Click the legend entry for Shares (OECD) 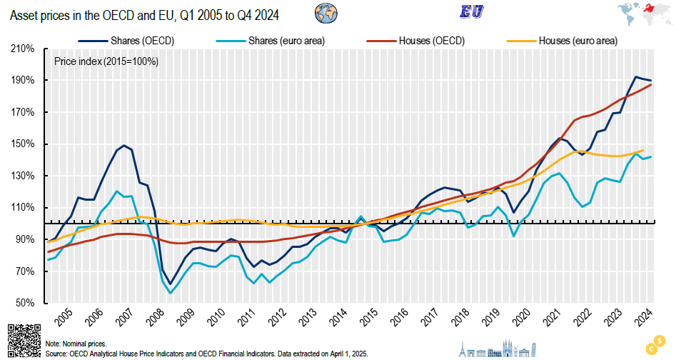[126, 41]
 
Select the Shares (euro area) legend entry [270, 41]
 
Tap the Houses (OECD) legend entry [415, 41]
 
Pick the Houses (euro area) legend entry [562, 41]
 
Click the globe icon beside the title [326, 13]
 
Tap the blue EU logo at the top [472, 11]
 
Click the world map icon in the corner [645, 14]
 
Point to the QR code [24, 341]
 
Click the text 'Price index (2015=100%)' [106, 61]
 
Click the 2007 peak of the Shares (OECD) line [124, 145]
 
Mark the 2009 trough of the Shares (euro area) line [171, 294]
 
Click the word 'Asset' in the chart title [23, 16]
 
